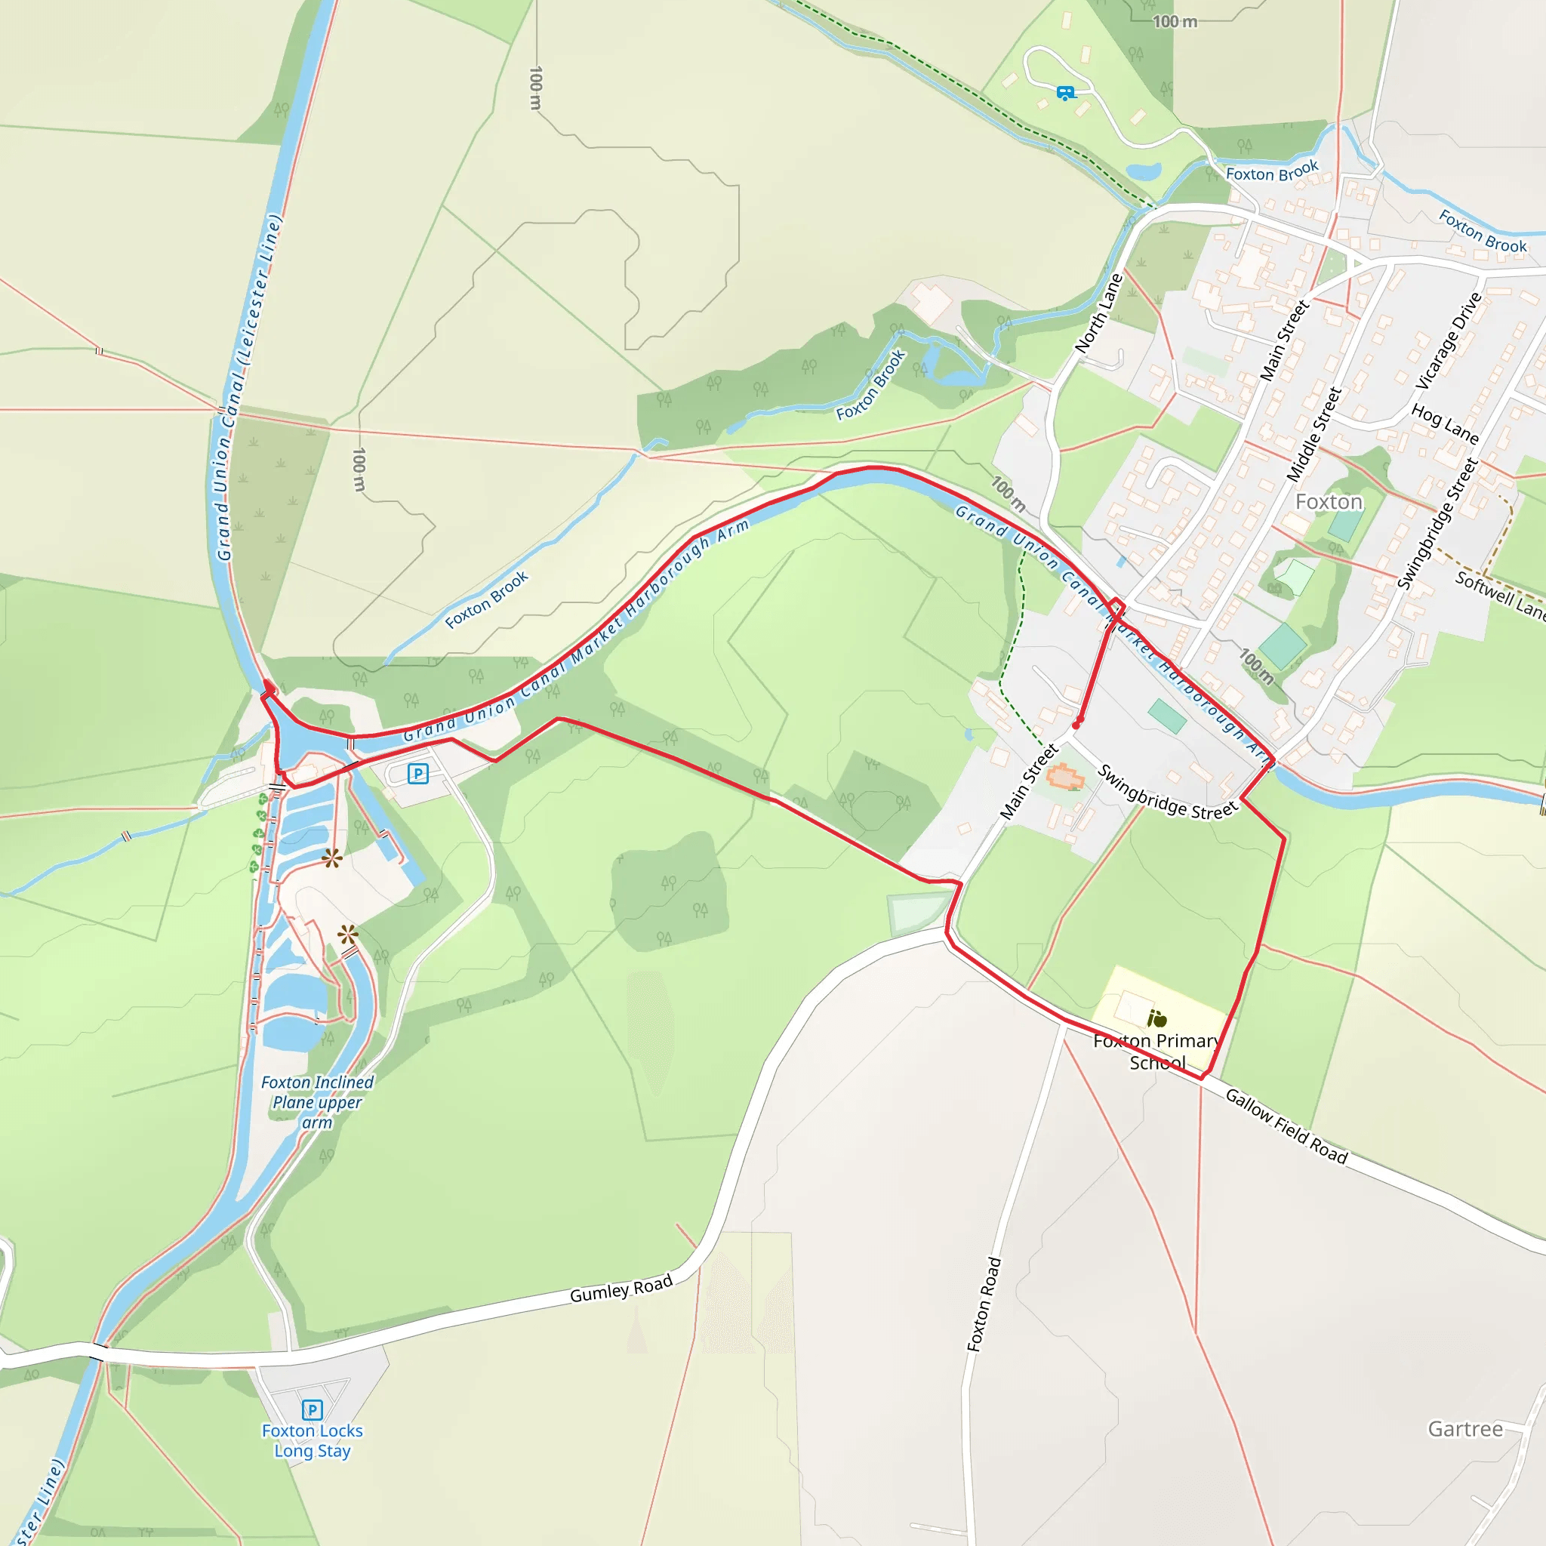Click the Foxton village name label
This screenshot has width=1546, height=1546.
click(1329, 502)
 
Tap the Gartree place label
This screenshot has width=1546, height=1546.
click(1465, 1428)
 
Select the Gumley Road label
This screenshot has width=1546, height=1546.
click(621, 1289)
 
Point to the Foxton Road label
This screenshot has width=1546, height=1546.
click(984, 1305)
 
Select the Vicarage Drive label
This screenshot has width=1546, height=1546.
click(1449, 341)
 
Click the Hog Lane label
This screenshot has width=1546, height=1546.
click(1444, 423)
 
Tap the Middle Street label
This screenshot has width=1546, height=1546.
click(1313, 435)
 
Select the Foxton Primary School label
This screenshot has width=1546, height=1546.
click(1157, 1052)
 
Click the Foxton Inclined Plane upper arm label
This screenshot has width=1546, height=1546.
click(317, 1102)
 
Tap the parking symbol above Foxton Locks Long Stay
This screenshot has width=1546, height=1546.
click(312, 1409)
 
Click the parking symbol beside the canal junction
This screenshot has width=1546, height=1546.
click(417, 774)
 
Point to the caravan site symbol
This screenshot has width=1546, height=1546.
click(1064, 93)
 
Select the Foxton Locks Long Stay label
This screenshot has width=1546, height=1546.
click(312, 1441)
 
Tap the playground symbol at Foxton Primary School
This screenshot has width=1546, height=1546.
click(1157, 1018)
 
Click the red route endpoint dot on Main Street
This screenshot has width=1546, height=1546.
click(1077, 723)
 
